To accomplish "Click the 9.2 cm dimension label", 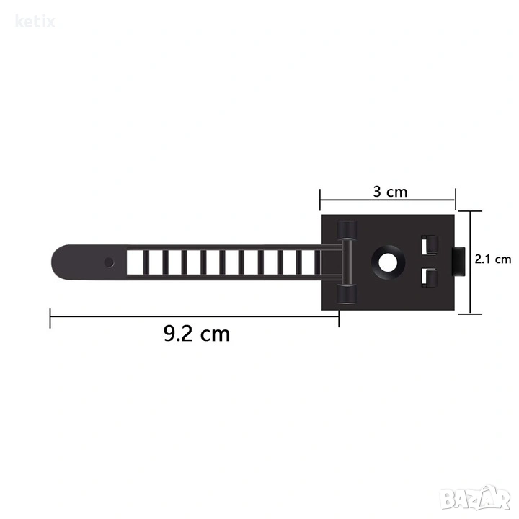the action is coord(197,334).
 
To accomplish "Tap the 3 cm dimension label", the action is coord(390,192).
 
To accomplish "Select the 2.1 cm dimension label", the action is coord(493,259).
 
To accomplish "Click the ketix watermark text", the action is coord(35,22).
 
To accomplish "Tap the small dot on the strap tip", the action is coord(109,263).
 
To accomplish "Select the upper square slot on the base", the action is coord(429,245).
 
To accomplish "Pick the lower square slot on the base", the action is coord(429,278).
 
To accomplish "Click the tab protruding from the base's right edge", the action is coord(458,262).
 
